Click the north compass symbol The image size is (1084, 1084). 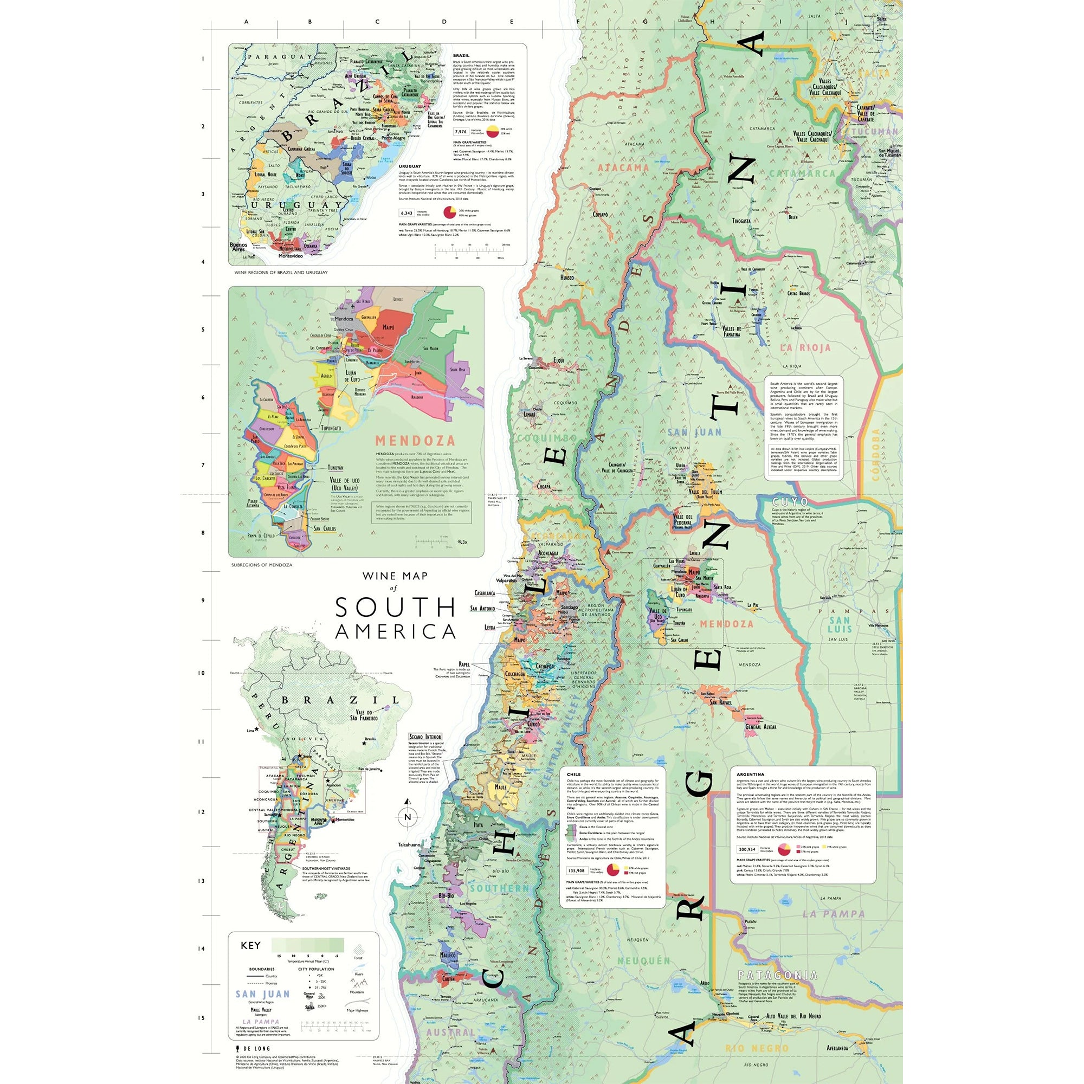pos(408,816)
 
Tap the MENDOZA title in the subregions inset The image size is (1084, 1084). pos(415,441)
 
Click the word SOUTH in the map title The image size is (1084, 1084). pos(396,608)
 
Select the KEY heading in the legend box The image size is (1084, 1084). pos(250,945)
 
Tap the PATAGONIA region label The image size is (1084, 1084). pos(777,975)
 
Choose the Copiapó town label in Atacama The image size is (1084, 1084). pos(601,214)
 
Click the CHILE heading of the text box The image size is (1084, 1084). pos(573,775)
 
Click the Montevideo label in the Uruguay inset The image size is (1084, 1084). pos(291,256)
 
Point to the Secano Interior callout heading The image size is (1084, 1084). pos(425,737)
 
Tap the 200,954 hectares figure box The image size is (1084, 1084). pos(747,849)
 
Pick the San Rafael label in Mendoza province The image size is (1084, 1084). pos(720,702)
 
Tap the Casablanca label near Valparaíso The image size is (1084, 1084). pos(485,593)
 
